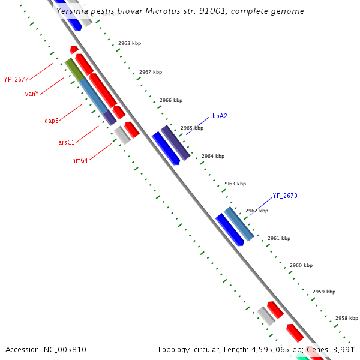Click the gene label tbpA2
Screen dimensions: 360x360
(x=218, y=116)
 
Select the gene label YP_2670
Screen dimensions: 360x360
(x=285, y=196)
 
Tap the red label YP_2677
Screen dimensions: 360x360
(x=16, y=79)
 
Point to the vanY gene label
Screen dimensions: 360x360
(x=32, y=94)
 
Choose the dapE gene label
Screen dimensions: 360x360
(x=52, y=121)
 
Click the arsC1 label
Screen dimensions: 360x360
(x=66, y=142)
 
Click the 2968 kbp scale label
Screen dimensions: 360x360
(x=130, y=44)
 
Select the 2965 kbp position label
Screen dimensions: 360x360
(x=192, y=128)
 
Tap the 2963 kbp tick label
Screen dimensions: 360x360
(x=235, y=184)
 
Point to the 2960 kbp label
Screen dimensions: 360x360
(x=301, y=265)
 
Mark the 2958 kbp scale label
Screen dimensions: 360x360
(x=346, y=318)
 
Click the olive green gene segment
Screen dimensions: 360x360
(x=74, y=70)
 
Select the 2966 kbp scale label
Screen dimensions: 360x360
(x=171, y=100)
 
